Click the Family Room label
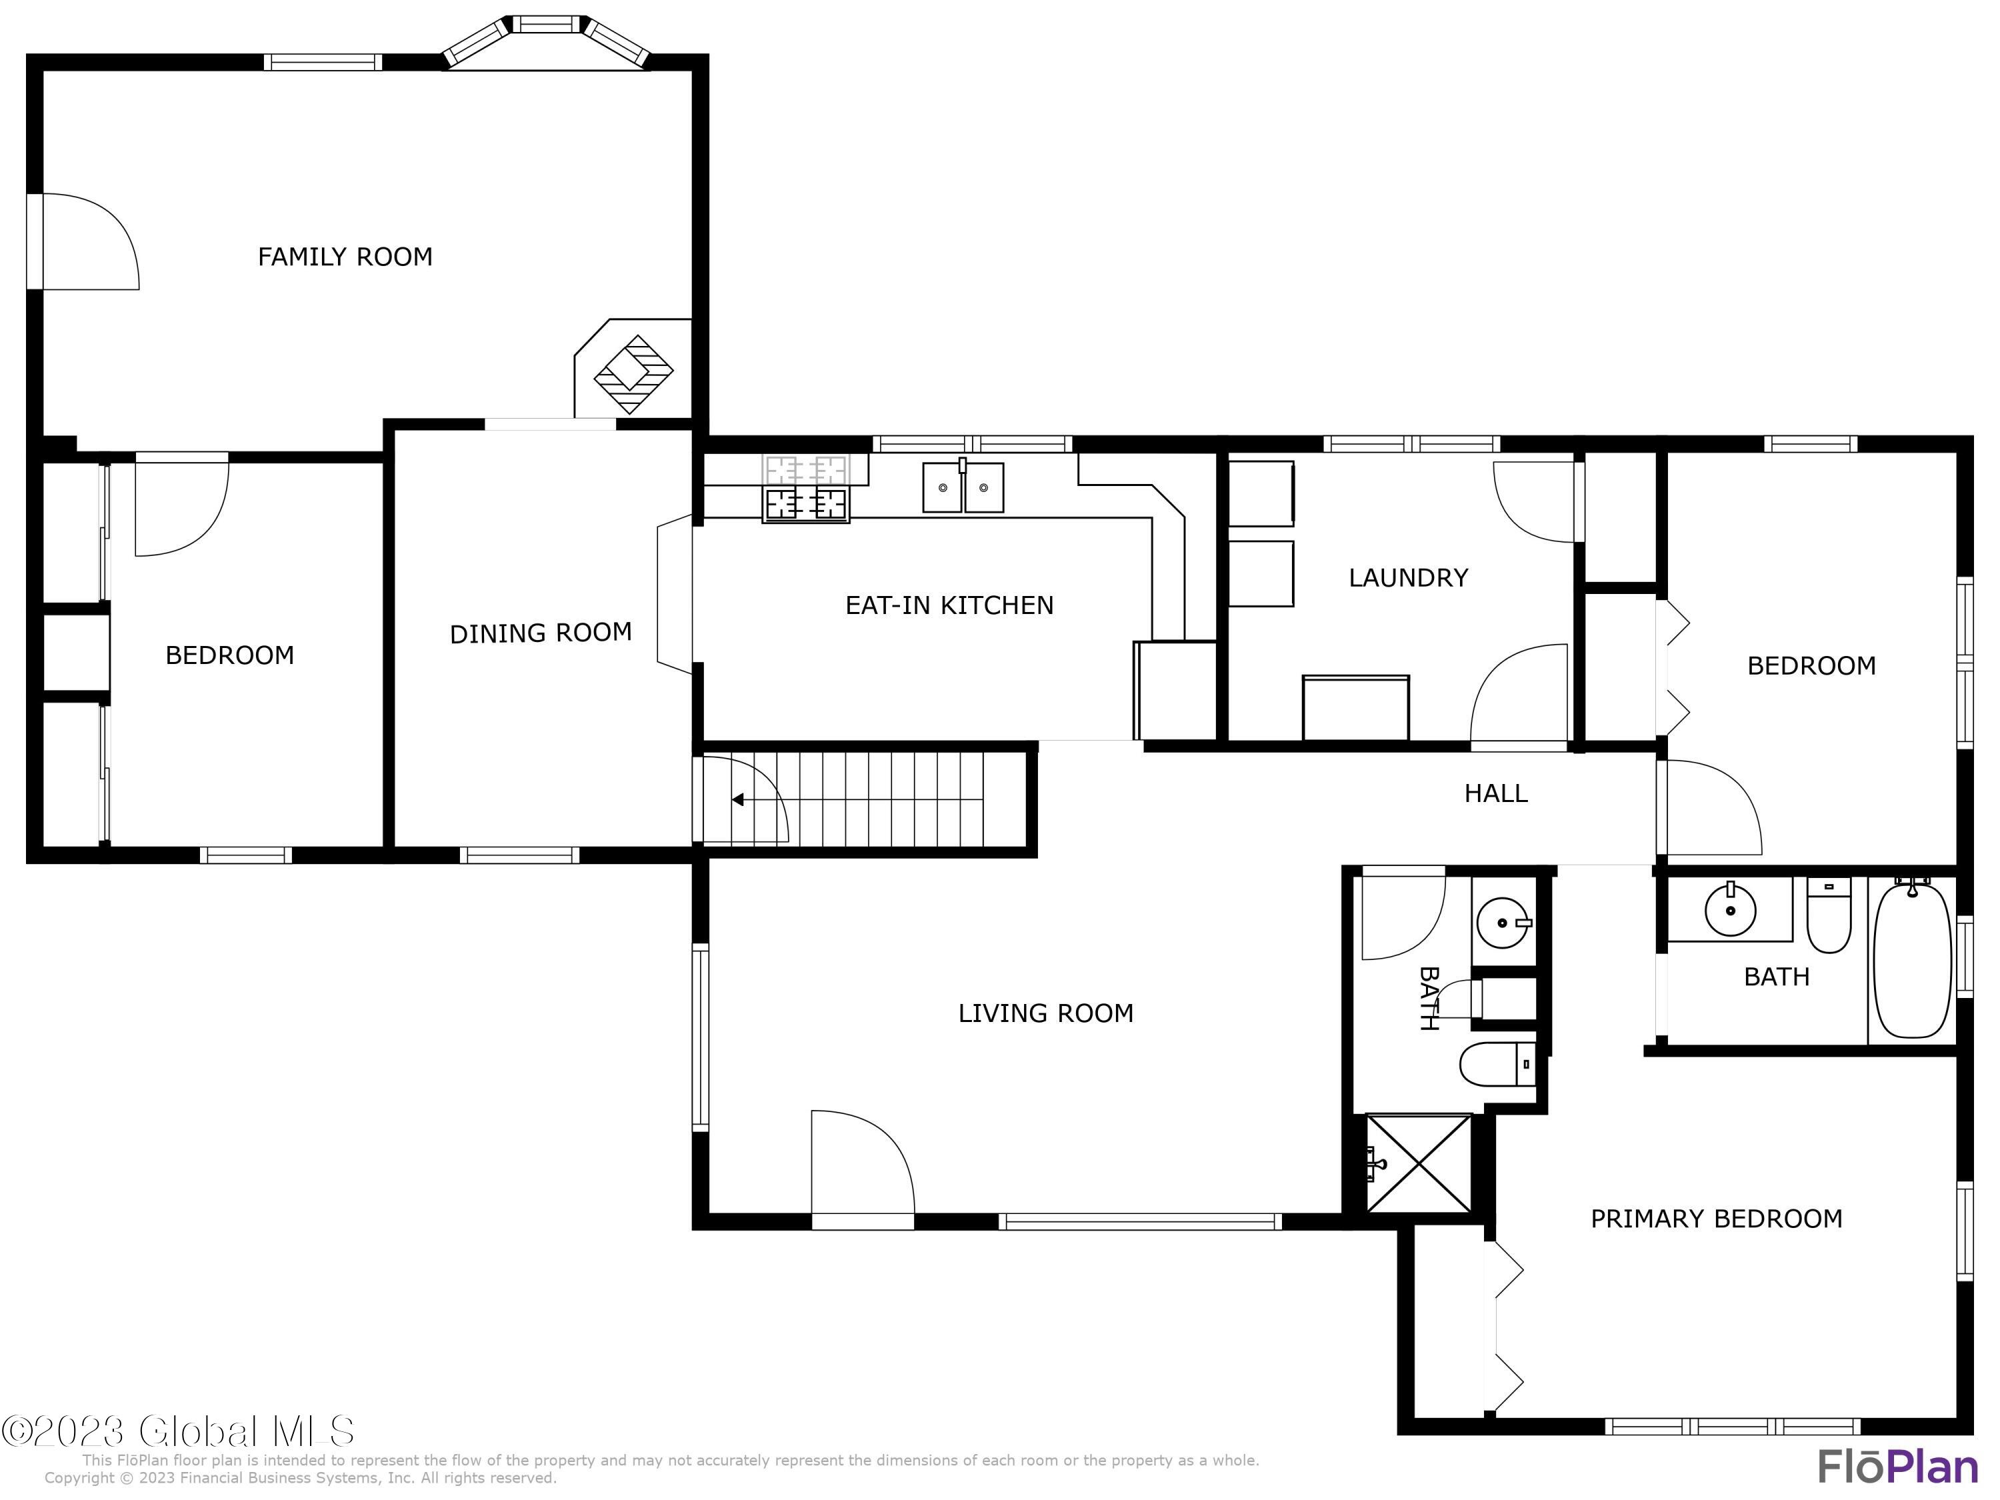pos(345,257)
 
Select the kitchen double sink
pos(963,487)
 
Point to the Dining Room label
pos(541,633)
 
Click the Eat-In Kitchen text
pos(949,605)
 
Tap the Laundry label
pos(1408,578)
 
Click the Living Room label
pos(1045,1013)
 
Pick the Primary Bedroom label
pos(1716,1218)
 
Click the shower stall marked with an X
pos(1419,1163)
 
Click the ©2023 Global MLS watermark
pos(178,1431)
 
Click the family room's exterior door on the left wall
pos(83,241)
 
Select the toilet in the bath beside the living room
pos(1497,1063)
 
